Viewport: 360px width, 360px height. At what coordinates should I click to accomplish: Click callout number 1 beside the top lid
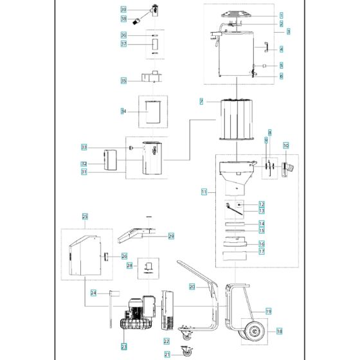pos(280,15)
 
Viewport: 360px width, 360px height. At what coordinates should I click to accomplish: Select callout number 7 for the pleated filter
pos(201,102)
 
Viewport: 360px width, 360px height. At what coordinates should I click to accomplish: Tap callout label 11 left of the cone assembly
pos(204,192)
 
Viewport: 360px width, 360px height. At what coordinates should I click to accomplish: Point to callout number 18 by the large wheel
pos(280,332)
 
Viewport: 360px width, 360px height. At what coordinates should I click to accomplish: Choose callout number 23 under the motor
pos(124,346)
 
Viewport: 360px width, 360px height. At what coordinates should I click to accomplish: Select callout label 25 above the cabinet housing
pos(84,217)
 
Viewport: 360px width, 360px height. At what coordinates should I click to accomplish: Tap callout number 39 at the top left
pos(123,10)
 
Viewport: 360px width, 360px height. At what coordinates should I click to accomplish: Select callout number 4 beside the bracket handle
pos(280,50)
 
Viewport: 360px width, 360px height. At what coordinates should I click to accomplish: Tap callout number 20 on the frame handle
pos(192,287)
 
